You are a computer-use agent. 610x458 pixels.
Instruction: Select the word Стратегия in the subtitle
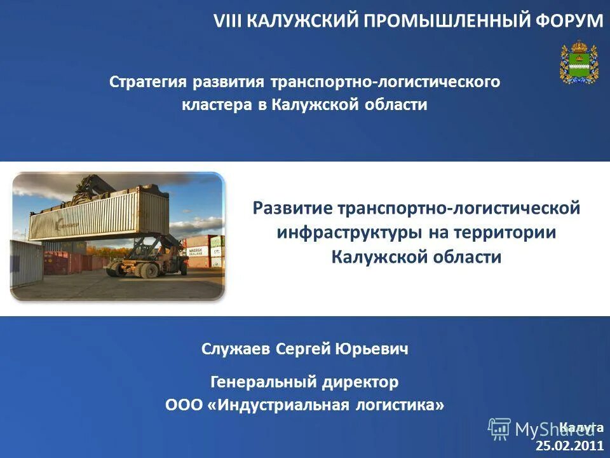tap(148, 82)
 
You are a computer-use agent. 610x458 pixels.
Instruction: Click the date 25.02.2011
tap(570, 446)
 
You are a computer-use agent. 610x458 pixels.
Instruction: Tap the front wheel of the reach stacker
tap(148, 269)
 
